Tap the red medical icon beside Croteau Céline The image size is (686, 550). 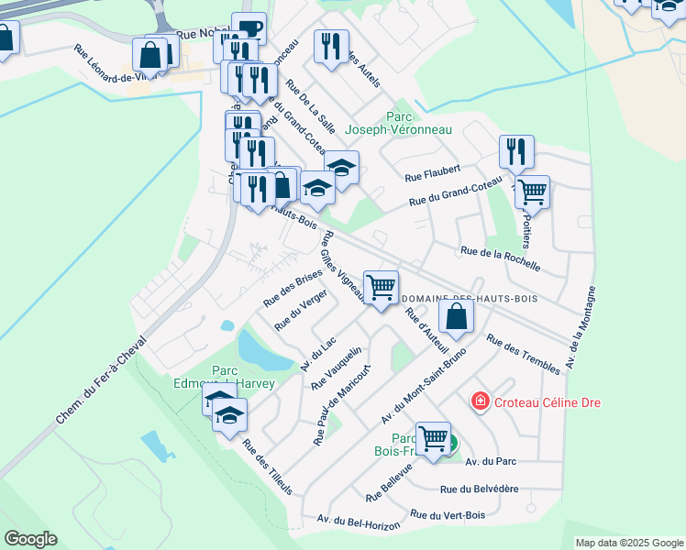[479, 401]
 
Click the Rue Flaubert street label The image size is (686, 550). [432, 172]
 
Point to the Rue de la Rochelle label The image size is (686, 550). [500, 258]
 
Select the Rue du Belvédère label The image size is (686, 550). [480, 490]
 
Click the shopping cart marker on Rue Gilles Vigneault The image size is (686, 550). [381, 286]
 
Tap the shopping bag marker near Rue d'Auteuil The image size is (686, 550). [456, 317]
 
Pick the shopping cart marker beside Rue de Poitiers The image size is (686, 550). [531, 192]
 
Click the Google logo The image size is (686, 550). [30, 539]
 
